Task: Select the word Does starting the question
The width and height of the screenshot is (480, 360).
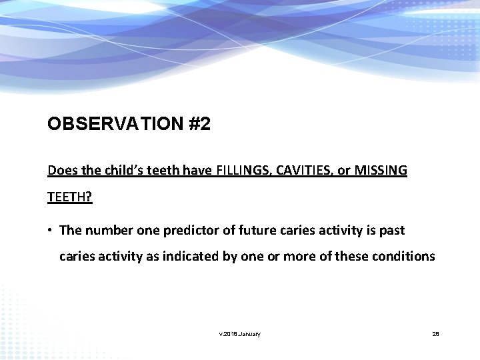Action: [x=61, y=171]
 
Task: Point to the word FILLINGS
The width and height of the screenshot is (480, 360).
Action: [x=241, y=171]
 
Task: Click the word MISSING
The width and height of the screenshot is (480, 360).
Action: [x=381, y=171]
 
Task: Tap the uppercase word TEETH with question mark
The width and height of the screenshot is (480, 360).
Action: [x=70, y=198]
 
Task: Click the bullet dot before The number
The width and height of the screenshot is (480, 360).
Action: [x=50, y=231]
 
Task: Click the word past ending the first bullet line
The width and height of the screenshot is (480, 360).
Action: [x=391, y=231]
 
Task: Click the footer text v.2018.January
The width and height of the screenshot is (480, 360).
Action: [x=239, y=334]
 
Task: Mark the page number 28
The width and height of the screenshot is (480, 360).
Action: [x=435, y=334]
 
